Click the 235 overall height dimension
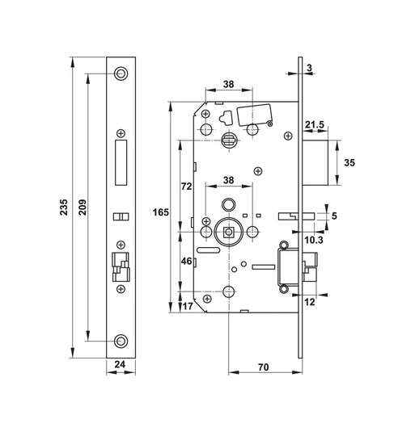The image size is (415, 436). [64, 208]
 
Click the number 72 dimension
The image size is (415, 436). [185, 187]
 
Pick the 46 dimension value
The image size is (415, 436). [185, 262]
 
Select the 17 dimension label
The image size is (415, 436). [188, 305]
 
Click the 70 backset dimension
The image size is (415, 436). [264, 367]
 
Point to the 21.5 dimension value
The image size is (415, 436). [315, 124]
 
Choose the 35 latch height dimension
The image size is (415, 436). [350, 161]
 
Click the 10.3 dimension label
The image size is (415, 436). [315, 241]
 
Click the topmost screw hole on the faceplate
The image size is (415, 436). [121, 73]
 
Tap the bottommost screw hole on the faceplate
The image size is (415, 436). [121, 341]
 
